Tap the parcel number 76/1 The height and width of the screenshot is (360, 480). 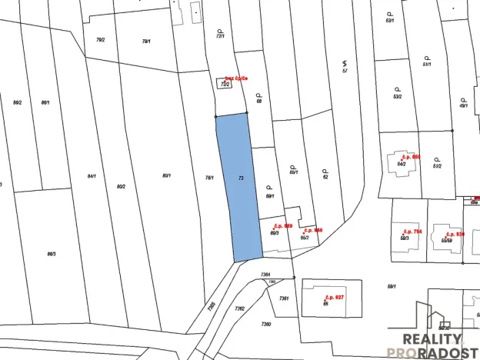(209, 178)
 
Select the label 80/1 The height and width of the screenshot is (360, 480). (166, 176)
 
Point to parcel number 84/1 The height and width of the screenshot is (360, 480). (92, 176)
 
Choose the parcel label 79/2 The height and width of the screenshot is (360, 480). (100, 39)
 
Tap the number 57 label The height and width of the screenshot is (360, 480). (345, 71)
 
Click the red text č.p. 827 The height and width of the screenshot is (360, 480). (334, 296)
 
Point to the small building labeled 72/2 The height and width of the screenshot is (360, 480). (225, 83)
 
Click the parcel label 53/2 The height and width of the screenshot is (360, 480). (398, 97)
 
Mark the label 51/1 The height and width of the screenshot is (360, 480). (426, 64)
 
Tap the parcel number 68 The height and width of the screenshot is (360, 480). (259, 101)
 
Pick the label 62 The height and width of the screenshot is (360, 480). (325, 177)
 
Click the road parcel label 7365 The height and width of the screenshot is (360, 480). (212, 306)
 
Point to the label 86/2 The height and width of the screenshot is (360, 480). (17, 102)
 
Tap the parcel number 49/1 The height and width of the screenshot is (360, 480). (463, 106)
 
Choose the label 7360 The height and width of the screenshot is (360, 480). (266, 324)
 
